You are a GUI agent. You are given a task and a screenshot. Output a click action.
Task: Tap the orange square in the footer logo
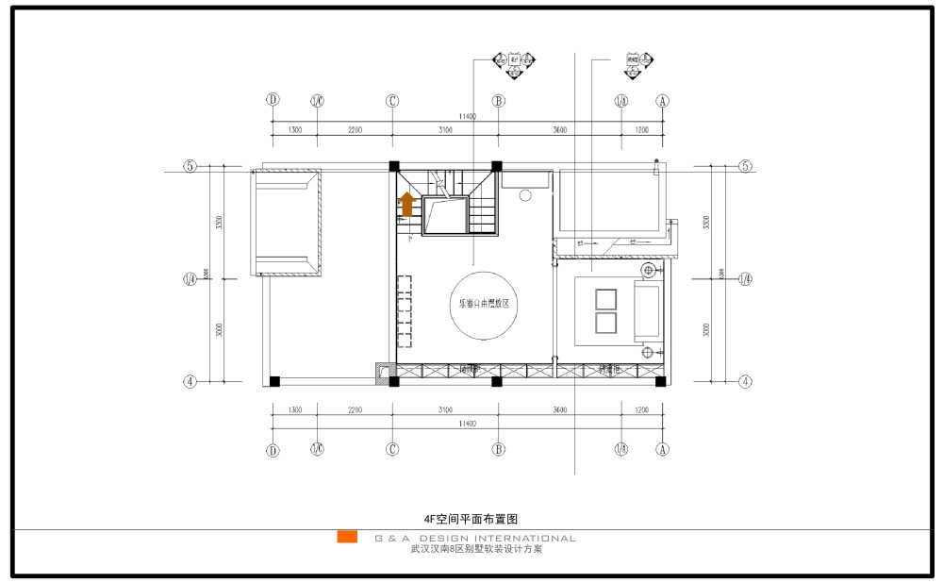pos(347,538)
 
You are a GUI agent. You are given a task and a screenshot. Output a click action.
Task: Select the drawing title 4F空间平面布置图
pos(472,518)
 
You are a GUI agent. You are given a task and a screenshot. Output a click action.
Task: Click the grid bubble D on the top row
pos(273,100)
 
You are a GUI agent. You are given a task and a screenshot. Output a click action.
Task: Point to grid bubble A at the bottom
pos(663,450)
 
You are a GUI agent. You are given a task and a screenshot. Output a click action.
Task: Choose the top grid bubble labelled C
pos(392,100)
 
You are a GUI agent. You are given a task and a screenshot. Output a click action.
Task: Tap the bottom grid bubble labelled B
pos(498,450)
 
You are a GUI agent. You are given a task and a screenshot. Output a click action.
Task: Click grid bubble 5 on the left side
pos(190,167)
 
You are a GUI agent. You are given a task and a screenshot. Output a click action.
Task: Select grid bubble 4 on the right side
pos(745,382)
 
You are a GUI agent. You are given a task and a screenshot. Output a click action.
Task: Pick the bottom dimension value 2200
pos(355,410)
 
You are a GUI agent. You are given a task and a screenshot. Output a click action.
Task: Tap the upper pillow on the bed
pos(604,299)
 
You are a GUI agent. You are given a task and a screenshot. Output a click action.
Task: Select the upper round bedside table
pos(648,271)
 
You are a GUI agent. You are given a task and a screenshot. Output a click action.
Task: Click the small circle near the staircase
pos(526,195)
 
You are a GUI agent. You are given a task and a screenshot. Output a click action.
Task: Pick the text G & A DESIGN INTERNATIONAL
pos(475,539)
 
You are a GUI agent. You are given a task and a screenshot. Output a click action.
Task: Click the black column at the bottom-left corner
pos(273,381)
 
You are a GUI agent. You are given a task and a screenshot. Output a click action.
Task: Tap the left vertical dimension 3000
pos(218,331)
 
